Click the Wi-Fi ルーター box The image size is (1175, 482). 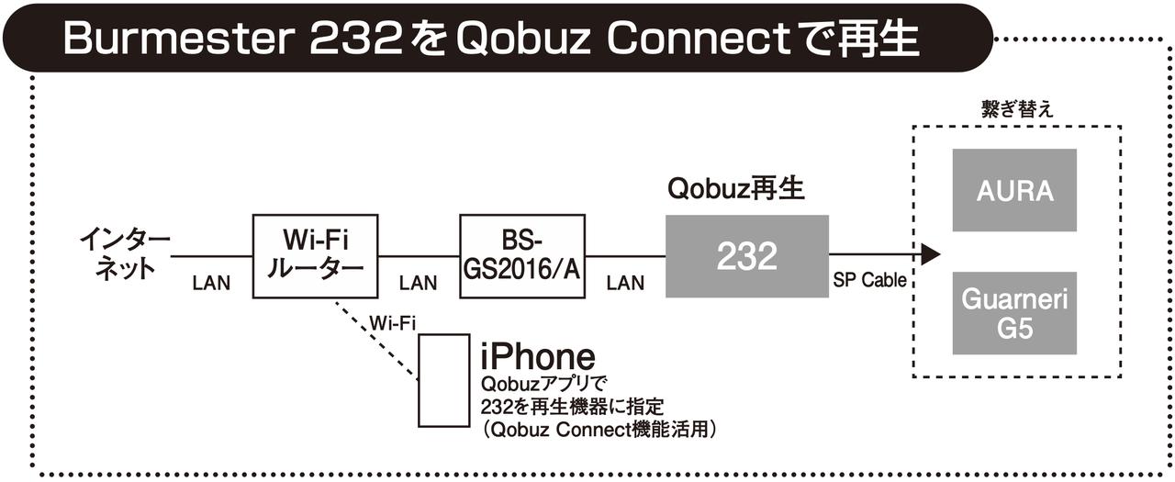pos(316,256)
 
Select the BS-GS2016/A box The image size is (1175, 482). pos(522,256)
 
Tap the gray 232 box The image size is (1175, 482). pos(747,256)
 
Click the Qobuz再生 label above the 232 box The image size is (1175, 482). pos(735,189)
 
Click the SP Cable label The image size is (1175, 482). pos(869,281)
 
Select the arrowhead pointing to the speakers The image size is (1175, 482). pos(930,254)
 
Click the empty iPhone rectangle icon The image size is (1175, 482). pos(444,380)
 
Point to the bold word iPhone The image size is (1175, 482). pos(538,356)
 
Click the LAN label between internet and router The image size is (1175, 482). pos(211,284)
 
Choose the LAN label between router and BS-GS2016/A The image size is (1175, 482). pos(419,284)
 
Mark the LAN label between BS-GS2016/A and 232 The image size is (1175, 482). pos(625,284)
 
